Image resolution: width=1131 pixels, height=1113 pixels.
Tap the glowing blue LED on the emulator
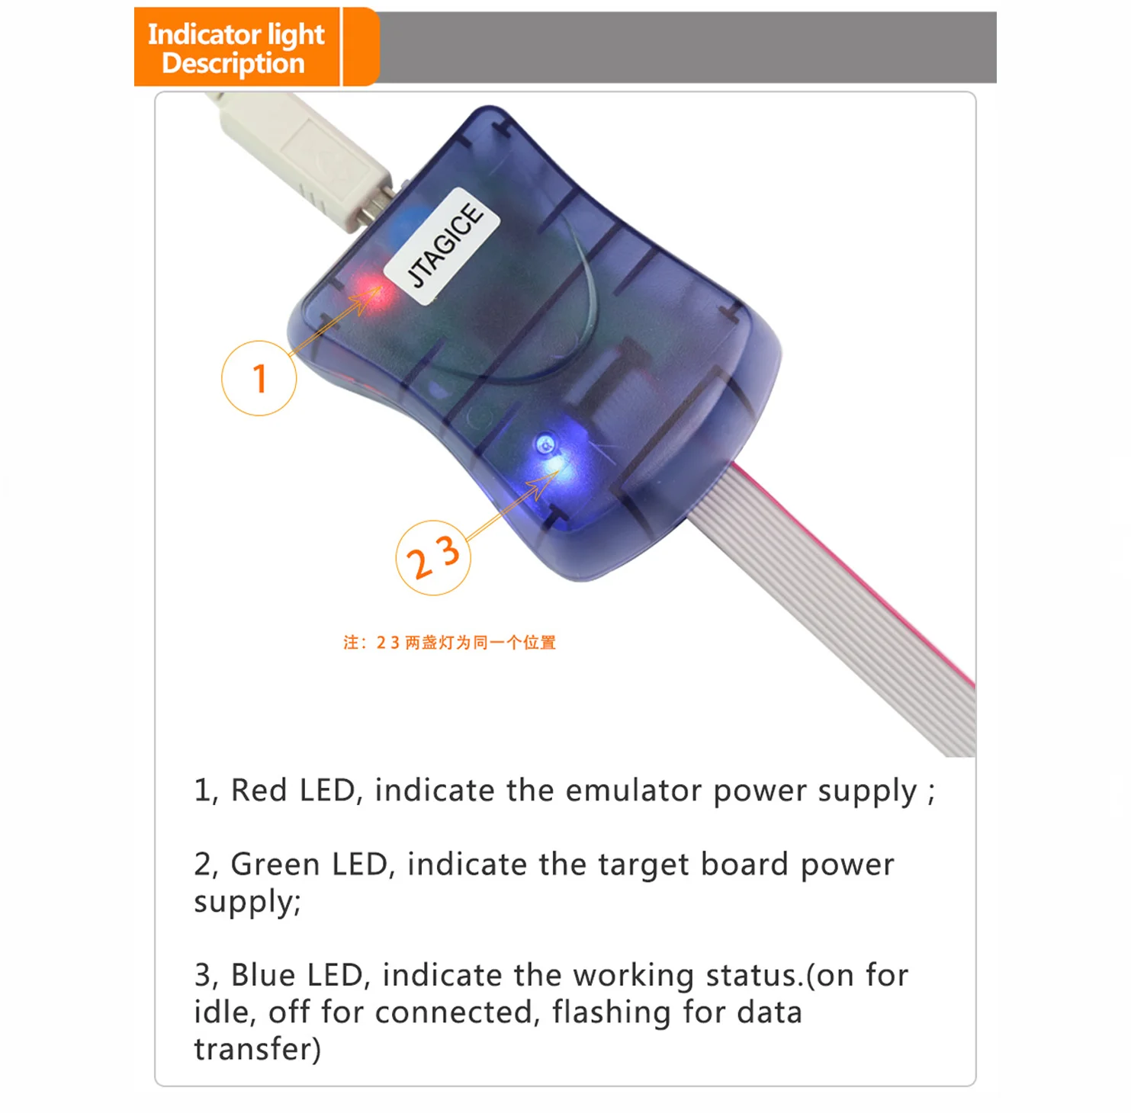click(551, 454)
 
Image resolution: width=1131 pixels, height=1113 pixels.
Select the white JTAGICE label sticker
click(442, 245)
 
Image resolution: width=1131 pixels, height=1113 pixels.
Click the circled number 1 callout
click(259, 378)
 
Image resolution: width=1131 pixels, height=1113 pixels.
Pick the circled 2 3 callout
click(433, 558)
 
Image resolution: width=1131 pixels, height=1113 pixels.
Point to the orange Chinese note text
click(449, 643)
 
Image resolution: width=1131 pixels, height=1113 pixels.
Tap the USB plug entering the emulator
click(305, 160)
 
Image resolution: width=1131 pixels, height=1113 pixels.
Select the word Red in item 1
click(259, 790)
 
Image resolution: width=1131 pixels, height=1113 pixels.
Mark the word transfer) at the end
click(258, 1049)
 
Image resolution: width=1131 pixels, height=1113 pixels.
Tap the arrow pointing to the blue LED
click(512, 505)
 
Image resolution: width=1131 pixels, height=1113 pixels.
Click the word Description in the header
click(233, 64)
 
